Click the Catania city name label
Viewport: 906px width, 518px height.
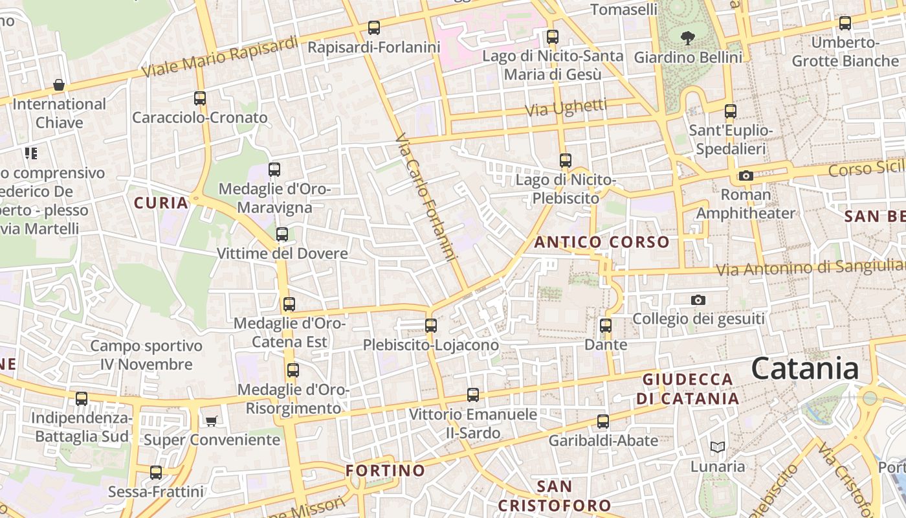point(805,368)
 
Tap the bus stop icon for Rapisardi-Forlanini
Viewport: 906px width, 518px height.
point(374,28)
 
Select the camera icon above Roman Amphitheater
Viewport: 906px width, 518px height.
point(746,175)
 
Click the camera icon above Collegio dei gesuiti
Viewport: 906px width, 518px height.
point(698,300)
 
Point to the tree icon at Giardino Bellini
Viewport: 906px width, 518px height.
point(687,37)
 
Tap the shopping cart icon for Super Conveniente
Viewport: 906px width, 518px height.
point(211,422)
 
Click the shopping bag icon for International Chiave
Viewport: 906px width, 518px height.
point(59,85)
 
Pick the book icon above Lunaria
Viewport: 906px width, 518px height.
point(717,447)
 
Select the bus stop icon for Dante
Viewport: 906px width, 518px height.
point(606,326)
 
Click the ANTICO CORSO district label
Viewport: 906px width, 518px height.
point(602,242)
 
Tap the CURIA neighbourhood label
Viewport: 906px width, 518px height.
point(161,203)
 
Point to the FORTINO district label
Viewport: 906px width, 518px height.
point(385,470)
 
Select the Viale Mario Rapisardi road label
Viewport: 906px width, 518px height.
point(220,57)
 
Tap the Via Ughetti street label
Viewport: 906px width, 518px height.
point(566,107)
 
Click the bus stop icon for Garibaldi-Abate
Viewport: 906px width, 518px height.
point(603,422)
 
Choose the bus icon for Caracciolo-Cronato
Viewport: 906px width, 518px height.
point(200,98)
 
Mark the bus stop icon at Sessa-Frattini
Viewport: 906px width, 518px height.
point(156,473)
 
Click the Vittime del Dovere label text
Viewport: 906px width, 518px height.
point(282,253)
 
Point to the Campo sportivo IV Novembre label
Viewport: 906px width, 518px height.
point(146,355)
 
